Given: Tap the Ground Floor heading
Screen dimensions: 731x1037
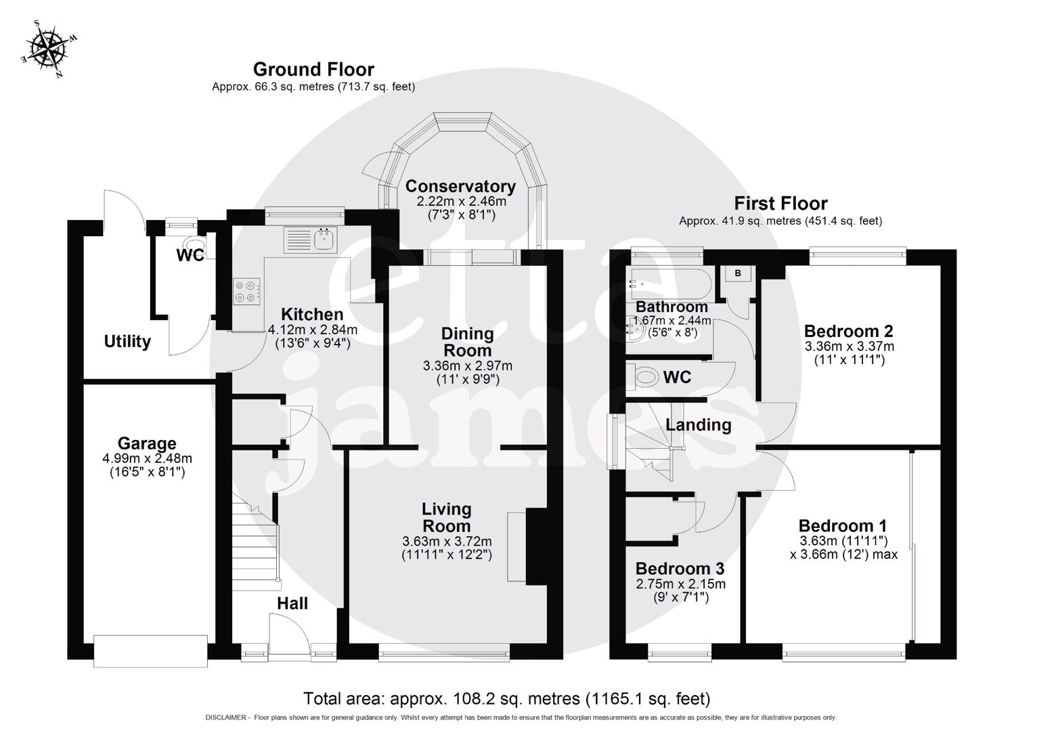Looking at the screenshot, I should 313,69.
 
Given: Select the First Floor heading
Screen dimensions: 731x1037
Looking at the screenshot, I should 780,203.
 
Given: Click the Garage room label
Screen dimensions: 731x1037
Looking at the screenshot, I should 147,443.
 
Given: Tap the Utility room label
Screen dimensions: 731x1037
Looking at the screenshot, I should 127,342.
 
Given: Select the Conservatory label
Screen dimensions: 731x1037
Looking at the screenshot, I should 460,186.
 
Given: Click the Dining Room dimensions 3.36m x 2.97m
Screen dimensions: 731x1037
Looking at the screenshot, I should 467,366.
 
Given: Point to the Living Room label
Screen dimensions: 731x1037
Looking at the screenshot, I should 446,518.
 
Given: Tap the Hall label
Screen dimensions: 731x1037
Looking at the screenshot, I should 292,603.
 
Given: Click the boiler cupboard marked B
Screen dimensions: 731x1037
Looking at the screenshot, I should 738,273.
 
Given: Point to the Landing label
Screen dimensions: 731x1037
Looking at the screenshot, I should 698,425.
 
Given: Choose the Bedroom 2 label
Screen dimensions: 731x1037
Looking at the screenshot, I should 848,331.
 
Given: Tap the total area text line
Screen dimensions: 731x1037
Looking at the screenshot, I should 506,699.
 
